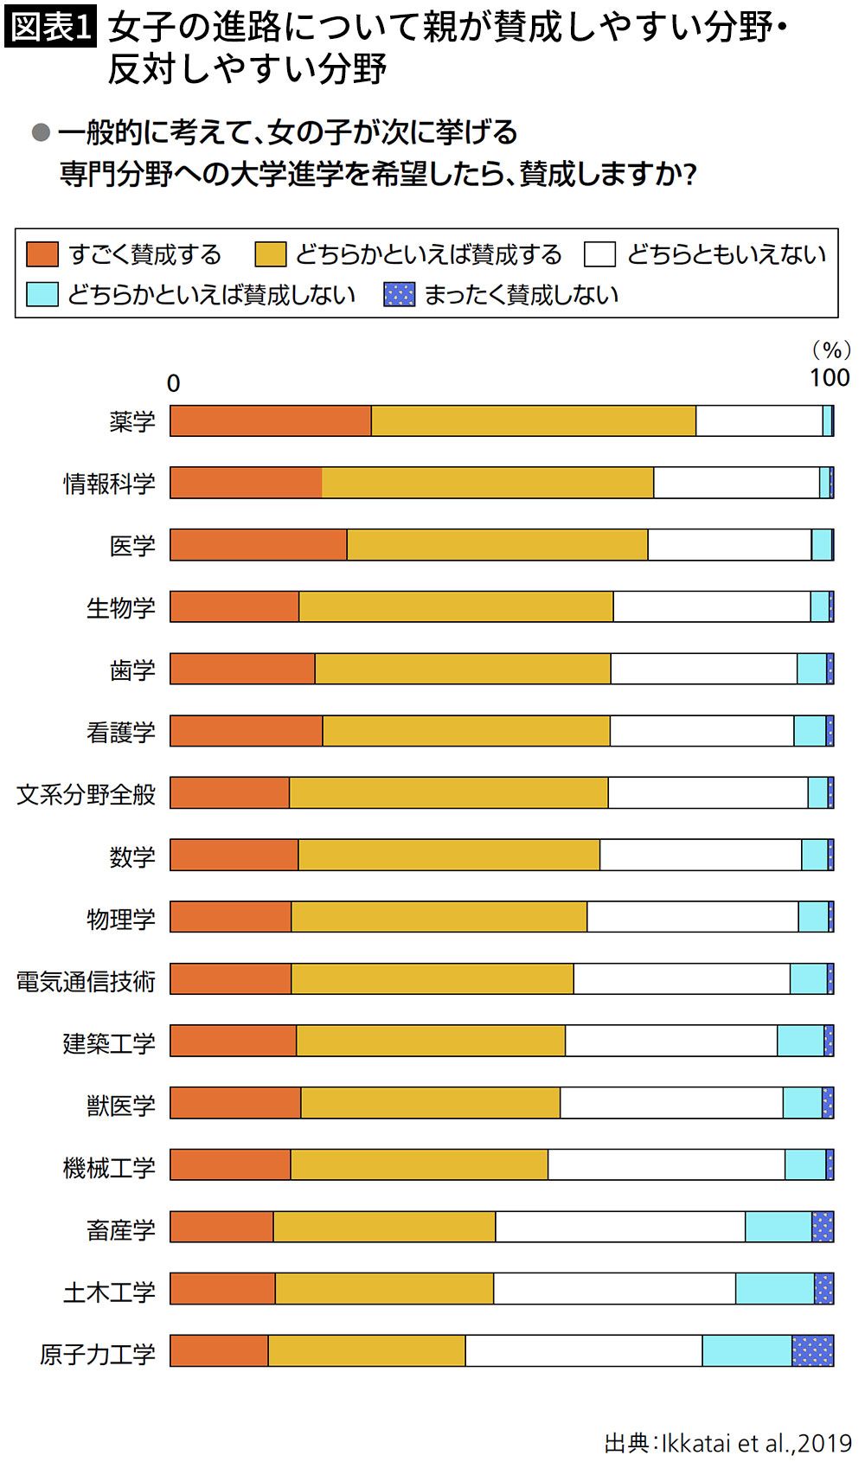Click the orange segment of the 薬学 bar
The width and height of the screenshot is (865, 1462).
pos(271,420)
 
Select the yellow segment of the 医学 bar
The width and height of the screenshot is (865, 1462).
pos(497,545)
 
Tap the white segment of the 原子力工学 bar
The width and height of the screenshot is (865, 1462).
pos(584,1350)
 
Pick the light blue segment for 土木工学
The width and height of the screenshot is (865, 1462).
pos(775,1288)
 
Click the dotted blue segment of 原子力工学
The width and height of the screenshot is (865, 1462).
pos(813,1350)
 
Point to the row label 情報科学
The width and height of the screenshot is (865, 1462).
pos(109,483)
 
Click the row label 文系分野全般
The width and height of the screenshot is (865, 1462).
pos(86,794)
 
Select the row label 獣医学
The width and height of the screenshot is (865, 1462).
pos(120,1106)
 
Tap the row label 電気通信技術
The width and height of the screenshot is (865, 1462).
pos(86,981)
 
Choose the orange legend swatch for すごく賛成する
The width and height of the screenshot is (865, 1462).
pos(42,254)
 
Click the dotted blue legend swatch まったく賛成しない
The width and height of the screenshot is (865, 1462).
pos(399,294)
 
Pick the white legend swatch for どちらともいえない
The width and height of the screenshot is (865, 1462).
pos(599,254)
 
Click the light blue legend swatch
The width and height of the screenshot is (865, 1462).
pos(42,294)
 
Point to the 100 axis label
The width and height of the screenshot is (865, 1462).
pos(830,377)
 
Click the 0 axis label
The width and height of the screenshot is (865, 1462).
pos(173,382)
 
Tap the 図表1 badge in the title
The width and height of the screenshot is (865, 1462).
pos(50,28)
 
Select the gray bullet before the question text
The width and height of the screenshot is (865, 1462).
pos(41,132)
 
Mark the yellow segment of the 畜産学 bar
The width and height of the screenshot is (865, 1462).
pos(384,1226)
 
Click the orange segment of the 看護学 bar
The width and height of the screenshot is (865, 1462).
pos(247,731)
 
